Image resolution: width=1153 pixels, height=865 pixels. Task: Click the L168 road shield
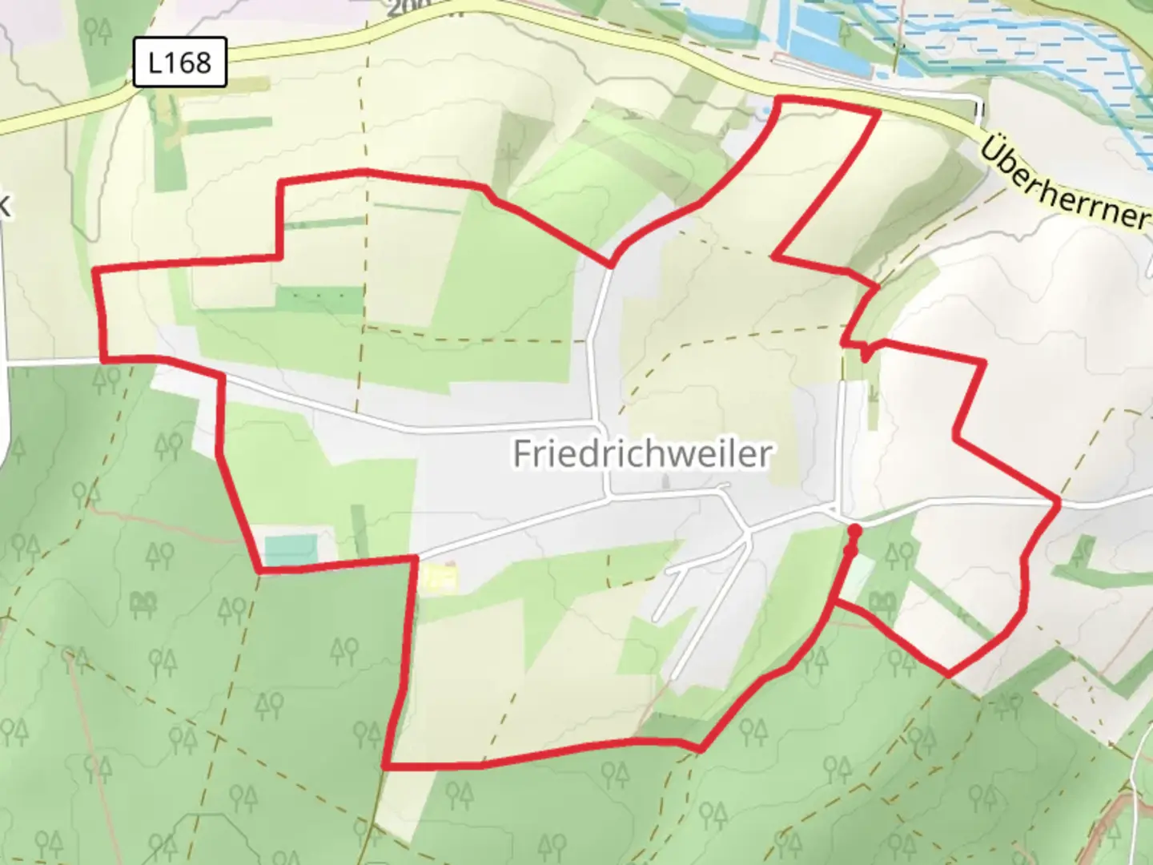[x=180, y=62]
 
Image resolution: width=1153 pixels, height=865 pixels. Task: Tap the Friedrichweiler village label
[x=642, y=453]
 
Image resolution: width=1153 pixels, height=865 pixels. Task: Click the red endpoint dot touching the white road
[x=854, y=530]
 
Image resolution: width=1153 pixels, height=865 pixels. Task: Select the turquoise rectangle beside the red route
[x=291, y=550]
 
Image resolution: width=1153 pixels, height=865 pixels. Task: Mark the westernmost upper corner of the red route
[x=96, y=272]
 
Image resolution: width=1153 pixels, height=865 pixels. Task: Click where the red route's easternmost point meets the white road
[x=1059, y=501]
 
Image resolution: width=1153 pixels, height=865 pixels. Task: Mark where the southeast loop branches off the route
[x=834, y=601]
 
